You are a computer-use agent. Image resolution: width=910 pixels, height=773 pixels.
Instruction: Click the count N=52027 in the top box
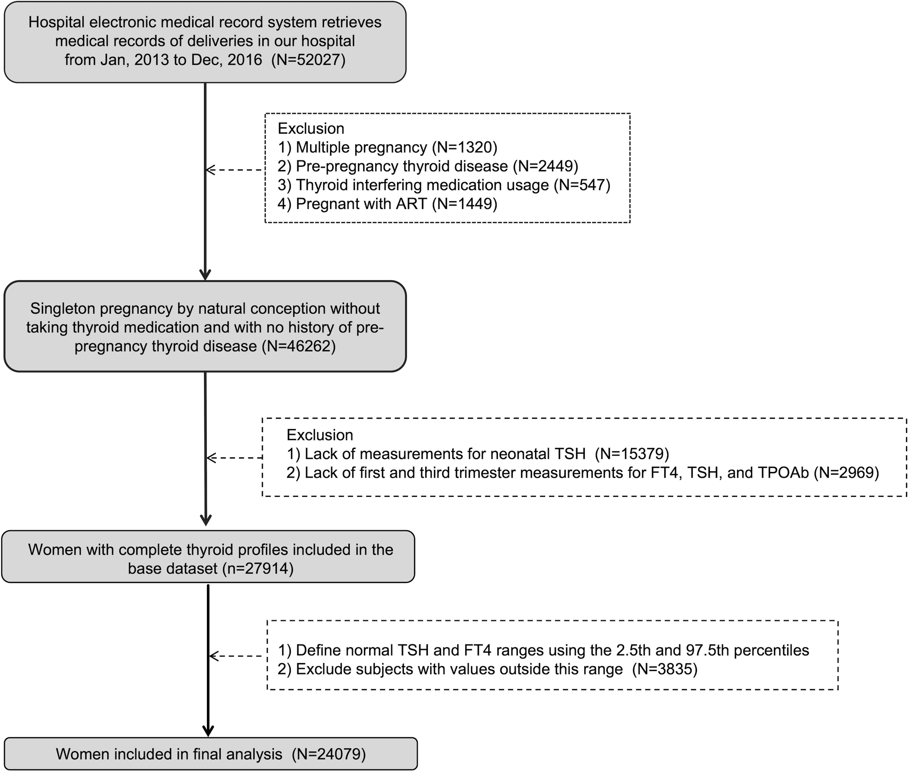pyautogui.click(x=309, y=60)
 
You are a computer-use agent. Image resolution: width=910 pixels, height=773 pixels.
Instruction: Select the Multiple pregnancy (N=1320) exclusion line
pyautogui.click(x=388, y=147)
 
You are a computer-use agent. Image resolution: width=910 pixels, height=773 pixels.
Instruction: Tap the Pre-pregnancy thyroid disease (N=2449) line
pyautogui.click(x=428, y=166)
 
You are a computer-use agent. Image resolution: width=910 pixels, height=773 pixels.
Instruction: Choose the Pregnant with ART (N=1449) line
pyautogui.click(x=388, y=204)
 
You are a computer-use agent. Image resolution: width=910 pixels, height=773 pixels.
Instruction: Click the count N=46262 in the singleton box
pyautogui.click(x=299, y=346)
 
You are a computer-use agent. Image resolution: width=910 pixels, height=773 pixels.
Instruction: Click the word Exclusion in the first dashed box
pyautogui.click(x=311, y=128)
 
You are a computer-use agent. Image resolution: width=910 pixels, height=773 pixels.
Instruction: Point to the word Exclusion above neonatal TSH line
pyautogui.click(x=320, y=435)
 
